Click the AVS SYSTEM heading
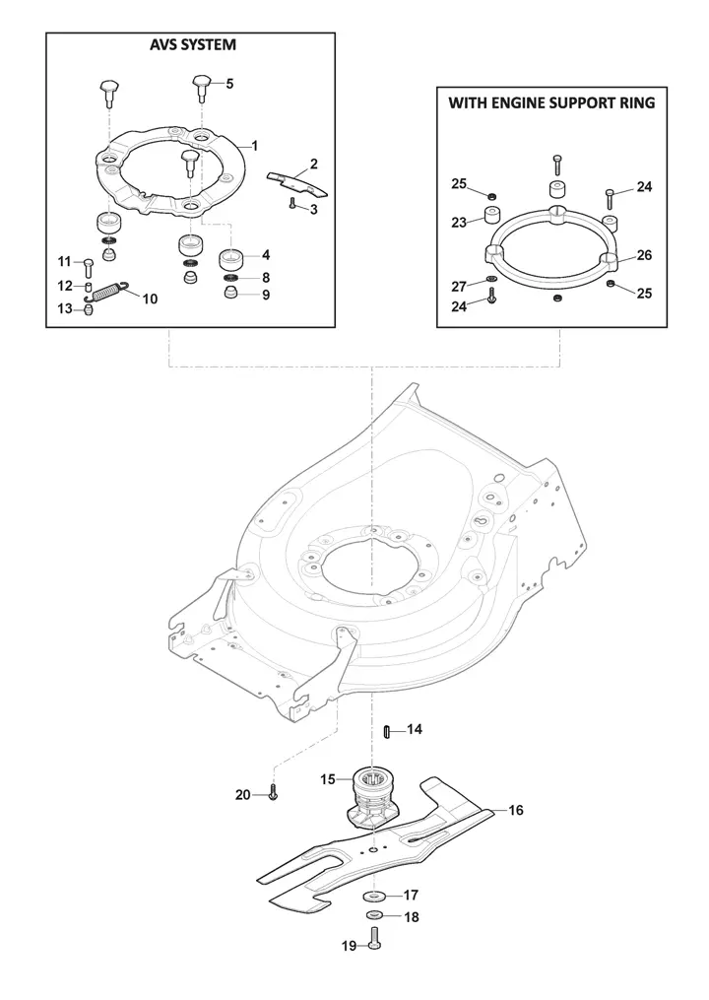click(193, 44)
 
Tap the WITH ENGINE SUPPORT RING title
click(551, 102)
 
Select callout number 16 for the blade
click(516, 810)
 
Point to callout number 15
click(327, 779)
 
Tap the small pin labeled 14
click(386, 731)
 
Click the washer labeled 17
click(373, 897)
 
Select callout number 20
click(242, 795)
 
